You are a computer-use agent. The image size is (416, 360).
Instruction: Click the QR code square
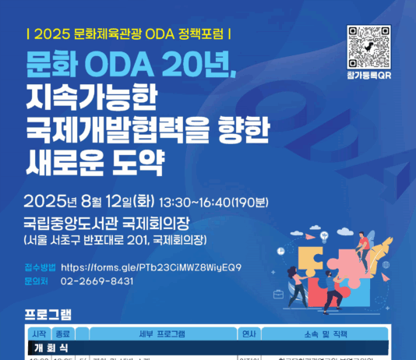tap(369, 48)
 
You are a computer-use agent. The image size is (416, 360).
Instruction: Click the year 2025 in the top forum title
tap(53, 34)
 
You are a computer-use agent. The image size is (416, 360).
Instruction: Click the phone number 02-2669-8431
tap(97, 280)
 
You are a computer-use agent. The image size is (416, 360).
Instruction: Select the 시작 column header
tap(39, 334)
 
